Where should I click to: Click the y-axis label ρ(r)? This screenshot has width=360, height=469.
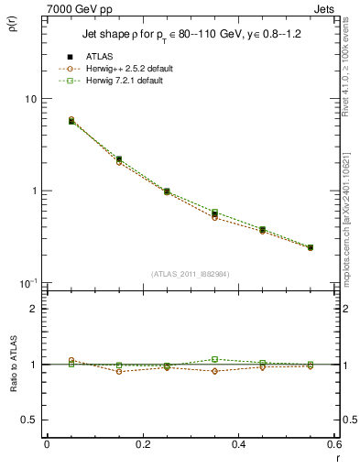(x=16, y=25)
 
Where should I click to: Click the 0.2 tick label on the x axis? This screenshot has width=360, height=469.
(x=142, y=444)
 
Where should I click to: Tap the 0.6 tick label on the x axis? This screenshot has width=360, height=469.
(x=333, y=444)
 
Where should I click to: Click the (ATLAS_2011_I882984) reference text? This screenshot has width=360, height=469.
(x=190, y=274)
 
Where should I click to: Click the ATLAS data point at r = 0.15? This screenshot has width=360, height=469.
(x=119, y=159)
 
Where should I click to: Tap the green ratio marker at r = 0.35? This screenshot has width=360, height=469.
(x=215, y=359)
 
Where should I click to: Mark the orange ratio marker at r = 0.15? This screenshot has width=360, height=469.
(x=119, y=371)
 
